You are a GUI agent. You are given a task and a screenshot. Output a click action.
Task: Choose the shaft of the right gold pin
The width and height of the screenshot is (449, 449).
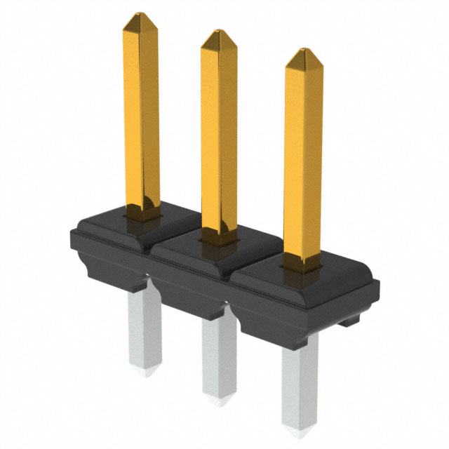(304, 154)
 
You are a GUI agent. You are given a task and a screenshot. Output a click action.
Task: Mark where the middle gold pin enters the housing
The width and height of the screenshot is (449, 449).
(220, 237)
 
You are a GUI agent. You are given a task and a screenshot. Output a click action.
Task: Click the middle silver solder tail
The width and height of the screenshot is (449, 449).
(218, 354)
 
